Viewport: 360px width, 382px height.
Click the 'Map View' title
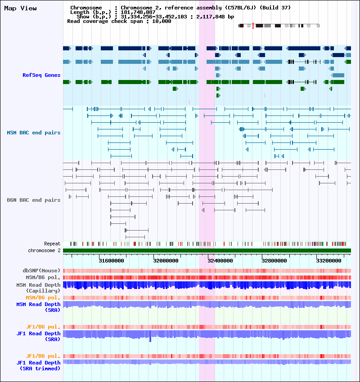coord(21,8)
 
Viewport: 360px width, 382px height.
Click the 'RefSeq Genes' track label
coord(41,75)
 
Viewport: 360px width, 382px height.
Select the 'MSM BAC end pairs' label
coord(34,133)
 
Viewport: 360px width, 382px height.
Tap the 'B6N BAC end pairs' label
coord(34,200)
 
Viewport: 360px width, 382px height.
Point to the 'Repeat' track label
coord(52,244)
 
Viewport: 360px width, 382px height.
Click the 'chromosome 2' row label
coord(44,250)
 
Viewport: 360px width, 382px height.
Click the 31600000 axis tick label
coord(111,261)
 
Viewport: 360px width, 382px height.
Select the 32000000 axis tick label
coord(166,261)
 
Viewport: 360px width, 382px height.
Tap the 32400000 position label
coord(220,261)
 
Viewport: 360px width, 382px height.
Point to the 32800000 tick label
coord(274,261)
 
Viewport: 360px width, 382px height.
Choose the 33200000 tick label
coord(328,261)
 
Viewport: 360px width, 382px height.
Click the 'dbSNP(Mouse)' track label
coord(41,271)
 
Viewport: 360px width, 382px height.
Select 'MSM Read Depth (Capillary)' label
coord(38,288)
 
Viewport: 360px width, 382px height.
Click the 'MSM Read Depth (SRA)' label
coord(38,307)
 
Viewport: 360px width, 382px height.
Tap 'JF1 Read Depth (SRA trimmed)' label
coord(38,366)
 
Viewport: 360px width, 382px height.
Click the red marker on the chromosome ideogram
coord(253,26)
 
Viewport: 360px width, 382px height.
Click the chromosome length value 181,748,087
coord(138,12)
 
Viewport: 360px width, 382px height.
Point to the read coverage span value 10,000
coord(162,21)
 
